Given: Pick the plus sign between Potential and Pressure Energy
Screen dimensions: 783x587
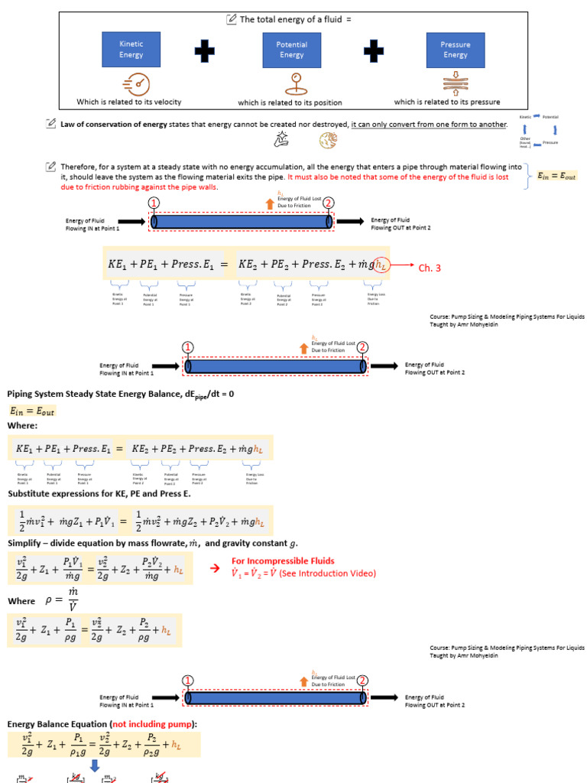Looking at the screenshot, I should click(x=374, y=50).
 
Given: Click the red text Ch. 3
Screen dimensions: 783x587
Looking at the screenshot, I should click(x=430, y=268).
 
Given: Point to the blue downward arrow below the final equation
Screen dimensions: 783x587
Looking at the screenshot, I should click(x=96, y=765).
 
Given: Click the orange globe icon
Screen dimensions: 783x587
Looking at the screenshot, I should click(x=328, y=140).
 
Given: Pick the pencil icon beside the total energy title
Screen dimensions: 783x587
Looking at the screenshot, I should click(x=232, y=19).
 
